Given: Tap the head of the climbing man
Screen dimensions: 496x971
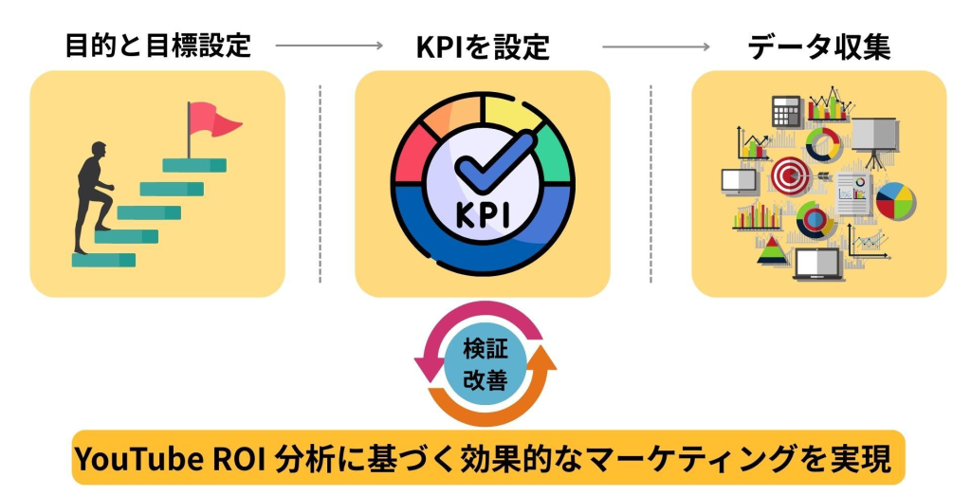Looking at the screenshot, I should (98, 151).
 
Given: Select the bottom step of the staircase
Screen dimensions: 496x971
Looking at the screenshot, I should (103, 259).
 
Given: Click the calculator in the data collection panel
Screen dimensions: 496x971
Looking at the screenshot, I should (786, 111).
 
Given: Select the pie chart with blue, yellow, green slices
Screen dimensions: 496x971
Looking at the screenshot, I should (894, 200).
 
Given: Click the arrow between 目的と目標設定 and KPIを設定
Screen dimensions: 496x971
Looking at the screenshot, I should (328, 46).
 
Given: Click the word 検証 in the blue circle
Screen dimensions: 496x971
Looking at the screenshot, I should (485, 349).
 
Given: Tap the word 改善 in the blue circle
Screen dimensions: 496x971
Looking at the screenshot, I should (485, 380).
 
